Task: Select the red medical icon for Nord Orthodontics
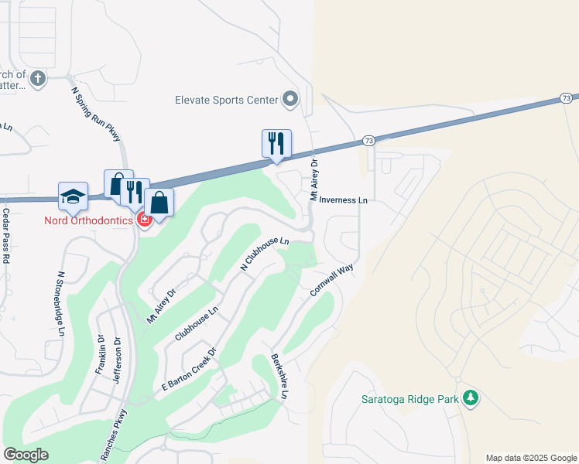[144, 220]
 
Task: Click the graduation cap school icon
[73, 196]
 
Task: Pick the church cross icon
[39, 77]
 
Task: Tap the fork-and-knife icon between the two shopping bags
[135, 191]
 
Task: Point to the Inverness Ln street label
[343, 200]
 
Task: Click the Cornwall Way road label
[332, 280]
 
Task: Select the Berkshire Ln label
[279, 377]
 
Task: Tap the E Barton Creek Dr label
[187, 374]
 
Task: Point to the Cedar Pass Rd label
[5, 236]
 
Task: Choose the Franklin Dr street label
[101, 355]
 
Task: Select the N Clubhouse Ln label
[265, 253]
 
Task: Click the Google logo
[26, 455]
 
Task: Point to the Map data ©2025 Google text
[531, 458]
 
